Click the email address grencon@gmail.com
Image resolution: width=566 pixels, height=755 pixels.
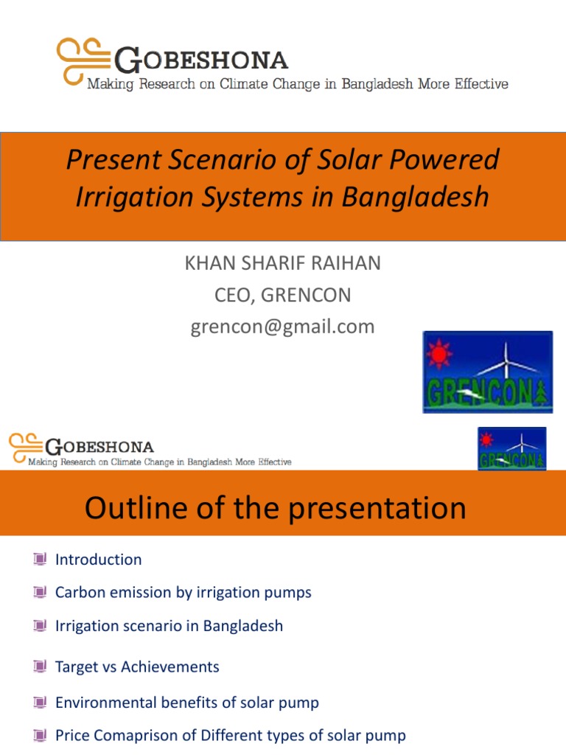283,327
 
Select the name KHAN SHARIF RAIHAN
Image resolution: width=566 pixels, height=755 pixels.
283,264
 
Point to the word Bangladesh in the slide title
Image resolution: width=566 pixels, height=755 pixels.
413,197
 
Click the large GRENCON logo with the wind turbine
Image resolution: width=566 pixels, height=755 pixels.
487,372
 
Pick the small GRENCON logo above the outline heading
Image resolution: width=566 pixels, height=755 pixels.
511,448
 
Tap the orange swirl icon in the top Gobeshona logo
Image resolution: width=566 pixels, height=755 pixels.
83,60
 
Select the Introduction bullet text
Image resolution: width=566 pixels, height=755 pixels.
98,560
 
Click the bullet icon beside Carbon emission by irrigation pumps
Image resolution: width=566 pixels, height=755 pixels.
40,593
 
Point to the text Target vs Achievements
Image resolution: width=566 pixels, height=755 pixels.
137,667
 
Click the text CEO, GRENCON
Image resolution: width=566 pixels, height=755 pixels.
283,296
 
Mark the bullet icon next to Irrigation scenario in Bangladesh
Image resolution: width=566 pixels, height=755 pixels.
40,626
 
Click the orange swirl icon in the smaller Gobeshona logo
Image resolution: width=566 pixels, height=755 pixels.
25,447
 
